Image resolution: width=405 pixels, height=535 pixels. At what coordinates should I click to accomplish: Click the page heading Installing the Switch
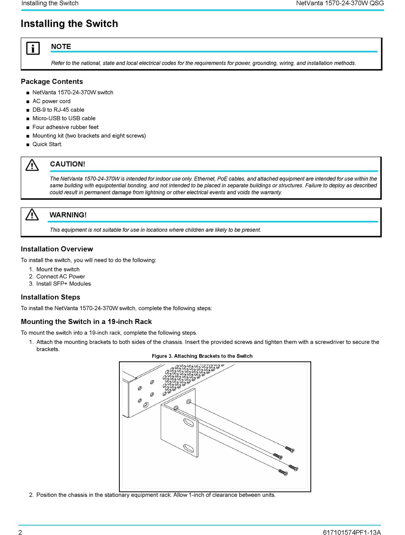[69, 24]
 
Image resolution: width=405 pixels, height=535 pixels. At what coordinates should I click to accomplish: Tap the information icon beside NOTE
[33, 48]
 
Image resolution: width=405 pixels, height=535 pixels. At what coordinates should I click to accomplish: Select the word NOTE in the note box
[61, 46]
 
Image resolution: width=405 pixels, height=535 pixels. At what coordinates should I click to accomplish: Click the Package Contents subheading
[52, 81]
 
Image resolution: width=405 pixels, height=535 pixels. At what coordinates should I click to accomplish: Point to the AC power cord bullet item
[52, 101]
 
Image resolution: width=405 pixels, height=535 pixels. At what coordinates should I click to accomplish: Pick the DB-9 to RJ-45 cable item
[58, 110]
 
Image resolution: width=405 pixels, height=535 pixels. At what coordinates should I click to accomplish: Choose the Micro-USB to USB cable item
[64, 118]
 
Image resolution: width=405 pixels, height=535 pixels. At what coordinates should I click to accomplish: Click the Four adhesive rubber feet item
[65, 127]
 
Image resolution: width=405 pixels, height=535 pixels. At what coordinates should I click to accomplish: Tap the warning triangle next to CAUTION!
[32, 165]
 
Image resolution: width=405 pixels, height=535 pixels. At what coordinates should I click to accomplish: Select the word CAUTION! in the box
[67, 164]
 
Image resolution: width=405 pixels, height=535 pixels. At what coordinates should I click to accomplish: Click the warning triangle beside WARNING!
[32, 215]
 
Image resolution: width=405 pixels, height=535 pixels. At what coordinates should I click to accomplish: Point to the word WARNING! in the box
[68, 215]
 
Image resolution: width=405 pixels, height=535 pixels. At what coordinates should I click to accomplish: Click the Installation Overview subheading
[57, 249]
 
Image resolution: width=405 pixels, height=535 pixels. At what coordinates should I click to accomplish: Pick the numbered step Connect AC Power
[61, 276]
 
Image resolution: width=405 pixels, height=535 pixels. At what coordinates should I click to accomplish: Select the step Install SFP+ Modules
[64, 283]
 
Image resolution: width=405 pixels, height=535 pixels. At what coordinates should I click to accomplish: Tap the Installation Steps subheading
[50, 297]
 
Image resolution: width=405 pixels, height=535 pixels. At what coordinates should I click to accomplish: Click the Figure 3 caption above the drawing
[202, 356]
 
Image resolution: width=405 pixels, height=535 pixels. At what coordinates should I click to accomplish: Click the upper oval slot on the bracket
[188, 422]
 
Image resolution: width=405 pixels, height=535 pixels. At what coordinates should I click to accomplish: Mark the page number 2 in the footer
[20, 532]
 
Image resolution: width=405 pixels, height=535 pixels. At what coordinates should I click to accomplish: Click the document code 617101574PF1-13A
[352, 532]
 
